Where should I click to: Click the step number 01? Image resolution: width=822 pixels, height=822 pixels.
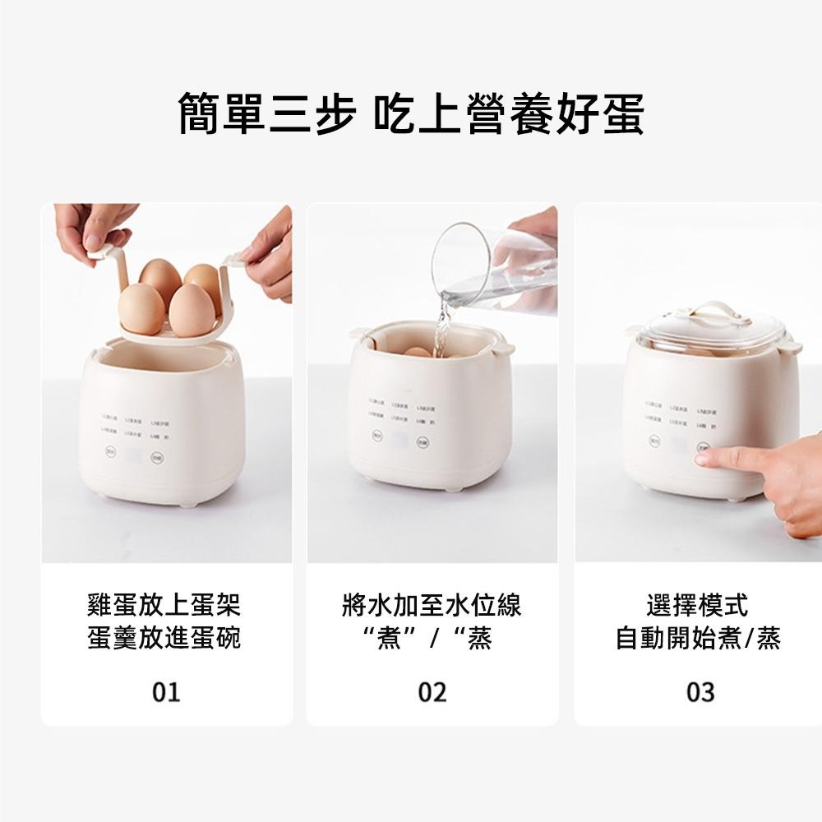(166, 692)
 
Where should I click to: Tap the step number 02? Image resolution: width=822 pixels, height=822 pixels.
(432, 692)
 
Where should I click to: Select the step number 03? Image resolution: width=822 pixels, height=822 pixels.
(700, 692)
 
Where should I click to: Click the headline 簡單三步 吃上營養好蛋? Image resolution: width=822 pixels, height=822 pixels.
(411, 113)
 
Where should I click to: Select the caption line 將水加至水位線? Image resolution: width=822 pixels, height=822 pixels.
(432, 607)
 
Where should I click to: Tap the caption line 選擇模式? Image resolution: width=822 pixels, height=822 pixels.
(700, 607)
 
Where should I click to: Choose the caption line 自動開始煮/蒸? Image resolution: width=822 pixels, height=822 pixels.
(700, 638)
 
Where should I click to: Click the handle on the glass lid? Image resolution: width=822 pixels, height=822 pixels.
(712, 312)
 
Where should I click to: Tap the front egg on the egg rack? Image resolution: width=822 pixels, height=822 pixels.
(191, 306)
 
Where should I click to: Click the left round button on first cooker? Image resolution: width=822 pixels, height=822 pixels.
(113, 451)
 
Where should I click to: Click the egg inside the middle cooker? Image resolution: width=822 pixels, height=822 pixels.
(417, 352)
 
